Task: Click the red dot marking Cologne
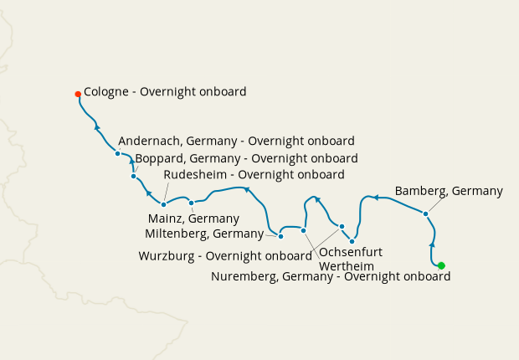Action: (x=78, y=94)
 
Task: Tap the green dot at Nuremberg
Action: (x=441, y=265)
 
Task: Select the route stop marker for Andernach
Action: (x=117, y=153)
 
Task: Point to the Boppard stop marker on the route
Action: (x=134, y=176)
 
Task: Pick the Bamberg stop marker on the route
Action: (x=426, y=213)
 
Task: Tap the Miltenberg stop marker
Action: (x=280, y=236)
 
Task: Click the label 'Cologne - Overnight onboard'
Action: (x=166, y=92)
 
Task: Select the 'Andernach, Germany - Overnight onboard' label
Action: (x=237, y=141)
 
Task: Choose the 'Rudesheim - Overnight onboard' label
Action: (x=254, y=175)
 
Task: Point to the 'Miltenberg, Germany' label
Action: (x=204, y=233)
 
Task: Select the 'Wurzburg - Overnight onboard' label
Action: (x=225, y=255)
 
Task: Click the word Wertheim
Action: (x=347, y=266)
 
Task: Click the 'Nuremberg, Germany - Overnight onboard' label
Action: (x=331, y=276)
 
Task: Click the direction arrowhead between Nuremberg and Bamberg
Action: (x=432, y=244)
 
